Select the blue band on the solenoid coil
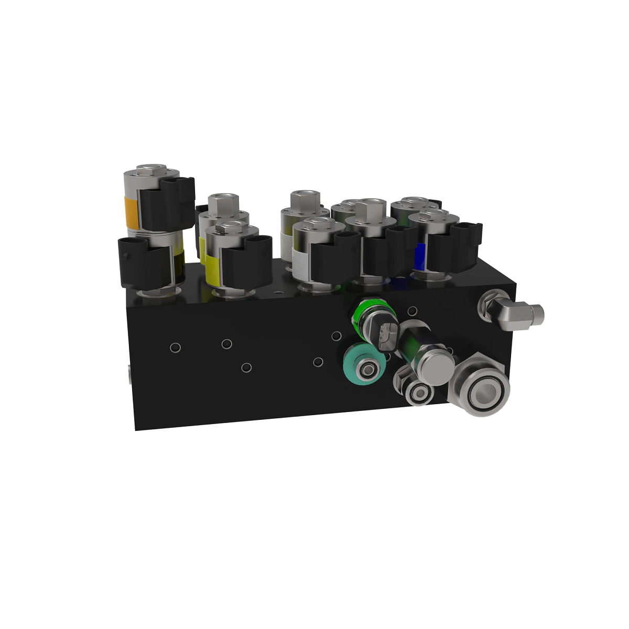pos(419,256)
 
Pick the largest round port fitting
pos(482,389)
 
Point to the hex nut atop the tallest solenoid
pos(151,170)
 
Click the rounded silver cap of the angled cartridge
pos(436,368)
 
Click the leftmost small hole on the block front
pos(175,346)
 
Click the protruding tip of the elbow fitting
pos(537,314)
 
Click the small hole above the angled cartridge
pos(413,311)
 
